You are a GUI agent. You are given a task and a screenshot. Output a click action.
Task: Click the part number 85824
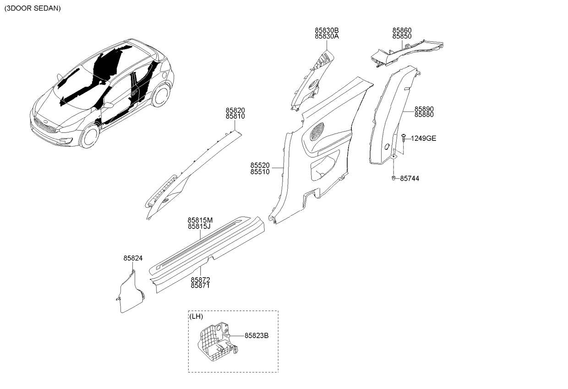(x=133, y=259)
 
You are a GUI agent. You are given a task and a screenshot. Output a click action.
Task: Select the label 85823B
(x=256, y=336)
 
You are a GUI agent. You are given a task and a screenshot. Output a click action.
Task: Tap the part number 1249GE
(x=423, y=138)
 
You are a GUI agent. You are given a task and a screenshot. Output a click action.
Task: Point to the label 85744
(x=410, y=178)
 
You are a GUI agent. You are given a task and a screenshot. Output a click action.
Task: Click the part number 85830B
(x=327, y=30)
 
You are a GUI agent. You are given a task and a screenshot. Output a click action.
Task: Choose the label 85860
(x=402, y=30)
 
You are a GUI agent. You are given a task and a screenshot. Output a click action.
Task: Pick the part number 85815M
(x=200, y=220)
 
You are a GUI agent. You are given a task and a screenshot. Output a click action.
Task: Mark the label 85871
(x=200, y=285)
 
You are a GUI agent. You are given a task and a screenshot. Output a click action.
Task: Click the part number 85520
(x=260, y=165)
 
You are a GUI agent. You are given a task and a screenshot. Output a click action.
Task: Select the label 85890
(x=424, y=109)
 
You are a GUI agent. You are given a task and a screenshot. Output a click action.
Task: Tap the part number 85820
(x=235, y=111)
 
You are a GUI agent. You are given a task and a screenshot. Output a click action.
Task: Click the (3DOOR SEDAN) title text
(x=33, y=8)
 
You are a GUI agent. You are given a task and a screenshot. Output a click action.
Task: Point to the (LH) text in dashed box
(x=196, y=317)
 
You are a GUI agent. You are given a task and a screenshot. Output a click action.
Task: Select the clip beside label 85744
(x=394, y=178)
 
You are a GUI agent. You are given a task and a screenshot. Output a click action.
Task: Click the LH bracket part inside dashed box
(x=215, y=343)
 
